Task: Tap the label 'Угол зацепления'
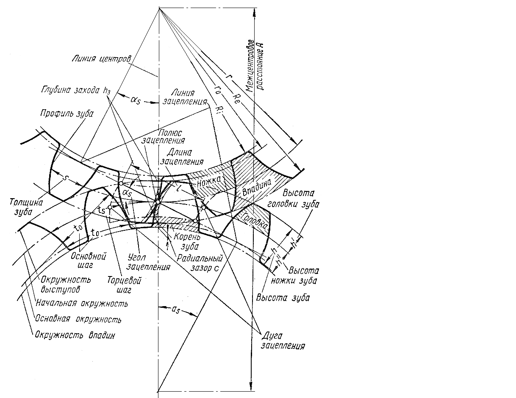click(x=148, y=262)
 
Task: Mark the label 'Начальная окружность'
click(x=81, y=303)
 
